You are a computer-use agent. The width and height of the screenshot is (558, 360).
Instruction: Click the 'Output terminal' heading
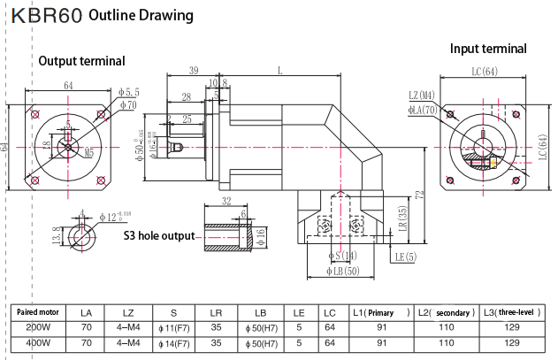click(80, 61)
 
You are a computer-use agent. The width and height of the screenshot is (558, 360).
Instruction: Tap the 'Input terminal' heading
click(488, 49)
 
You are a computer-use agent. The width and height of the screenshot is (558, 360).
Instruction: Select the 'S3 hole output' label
click(158, 236)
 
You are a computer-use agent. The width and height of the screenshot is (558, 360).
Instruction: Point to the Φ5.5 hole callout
click(129, 91)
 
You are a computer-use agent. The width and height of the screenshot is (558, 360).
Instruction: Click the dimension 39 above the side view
click(193, 71)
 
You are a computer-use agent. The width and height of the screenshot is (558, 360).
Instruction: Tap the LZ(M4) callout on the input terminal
click(422, 96)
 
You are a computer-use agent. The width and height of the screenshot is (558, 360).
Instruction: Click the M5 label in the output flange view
click(89, 153)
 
